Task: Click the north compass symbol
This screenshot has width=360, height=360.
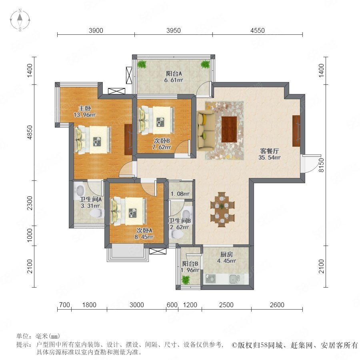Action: pos(20,20)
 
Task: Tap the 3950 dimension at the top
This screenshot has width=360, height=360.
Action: pos(174,30)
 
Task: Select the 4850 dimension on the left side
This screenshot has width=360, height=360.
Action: pos(30,132)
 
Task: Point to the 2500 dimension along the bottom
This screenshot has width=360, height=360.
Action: pos(226,305)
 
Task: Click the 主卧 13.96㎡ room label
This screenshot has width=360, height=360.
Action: pos(84,111)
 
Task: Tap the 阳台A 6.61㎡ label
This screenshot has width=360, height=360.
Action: pos(174,77)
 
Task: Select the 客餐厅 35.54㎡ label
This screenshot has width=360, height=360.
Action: pos(269,154)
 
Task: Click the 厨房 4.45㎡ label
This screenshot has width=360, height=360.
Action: pos(227,257)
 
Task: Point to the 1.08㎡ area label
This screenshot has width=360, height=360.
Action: pos(180,194)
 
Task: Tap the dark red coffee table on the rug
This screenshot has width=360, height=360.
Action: pos(229,129)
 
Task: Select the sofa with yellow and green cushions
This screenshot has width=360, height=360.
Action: pos(206,130)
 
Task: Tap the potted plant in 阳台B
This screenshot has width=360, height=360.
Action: pos(186,280)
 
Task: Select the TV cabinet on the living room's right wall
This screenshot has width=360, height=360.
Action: pos(296,131)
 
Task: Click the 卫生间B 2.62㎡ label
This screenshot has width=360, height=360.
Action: pos(180,224)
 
